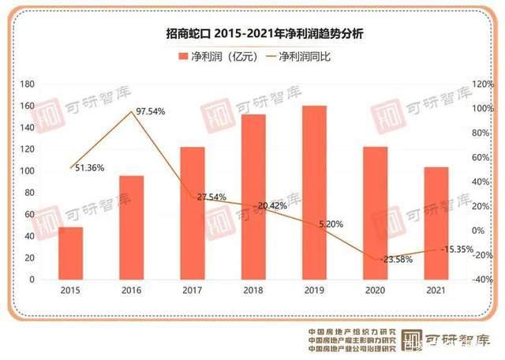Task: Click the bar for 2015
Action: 71,253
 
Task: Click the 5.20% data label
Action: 331,224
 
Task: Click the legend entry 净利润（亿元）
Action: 211,58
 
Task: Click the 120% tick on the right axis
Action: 481,84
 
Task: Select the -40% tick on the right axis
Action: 481,279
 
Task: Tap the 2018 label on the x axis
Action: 253,291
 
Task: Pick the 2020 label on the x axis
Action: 375,291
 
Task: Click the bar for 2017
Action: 193,213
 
